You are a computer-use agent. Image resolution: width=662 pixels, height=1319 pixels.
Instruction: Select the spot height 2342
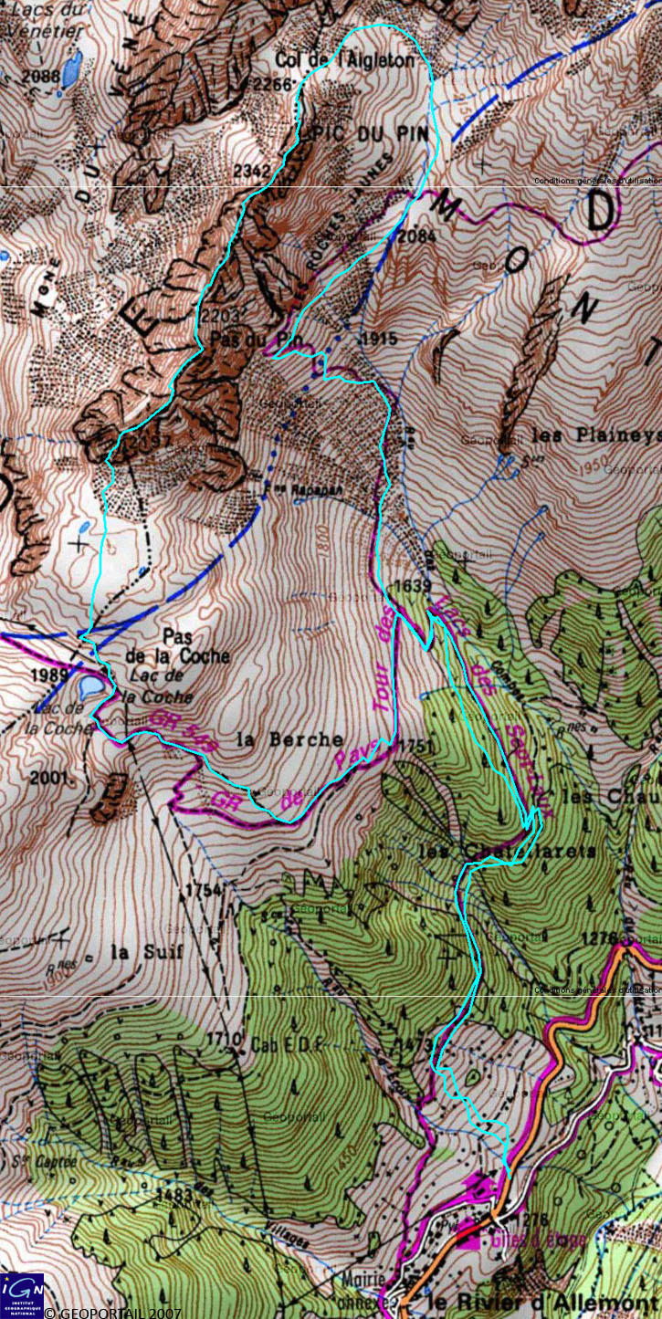(x=252, y=171)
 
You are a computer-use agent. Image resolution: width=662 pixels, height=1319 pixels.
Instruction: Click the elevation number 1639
(x=409, y=585)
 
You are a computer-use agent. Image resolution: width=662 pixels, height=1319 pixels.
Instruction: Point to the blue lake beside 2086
(x=71, y=68)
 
